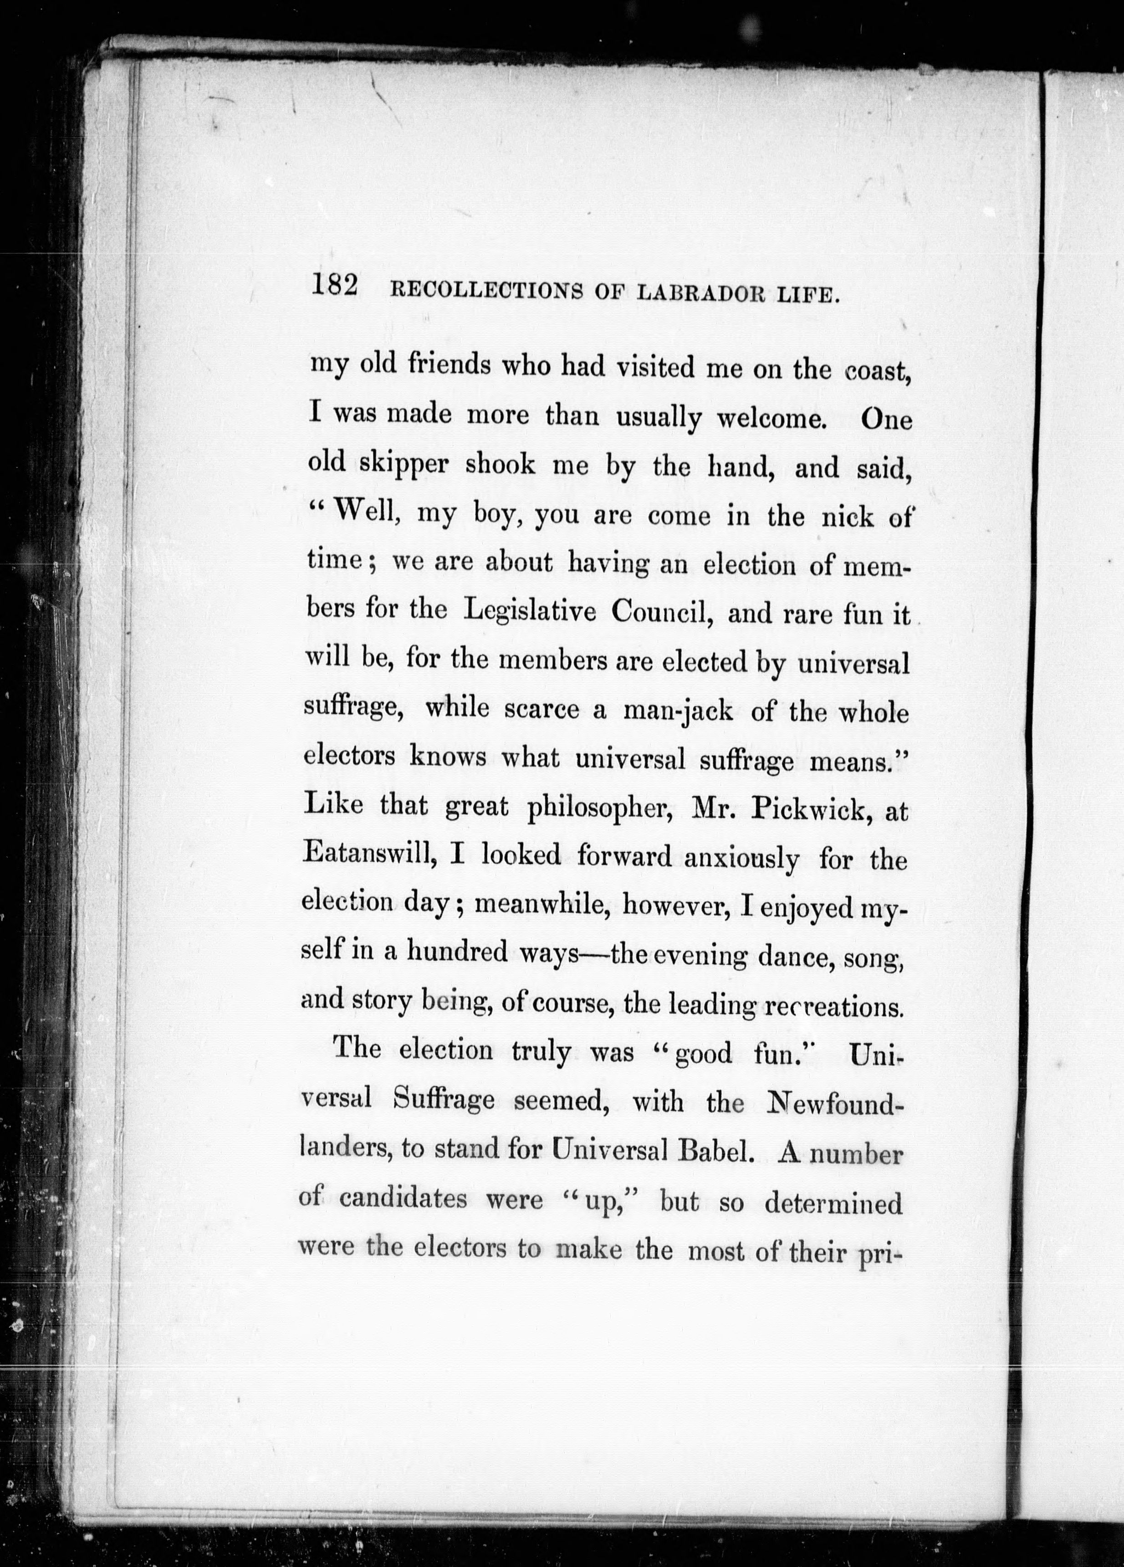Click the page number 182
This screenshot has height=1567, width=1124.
pos(334,285)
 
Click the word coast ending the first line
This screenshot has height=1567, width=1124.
pos(875,371)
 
